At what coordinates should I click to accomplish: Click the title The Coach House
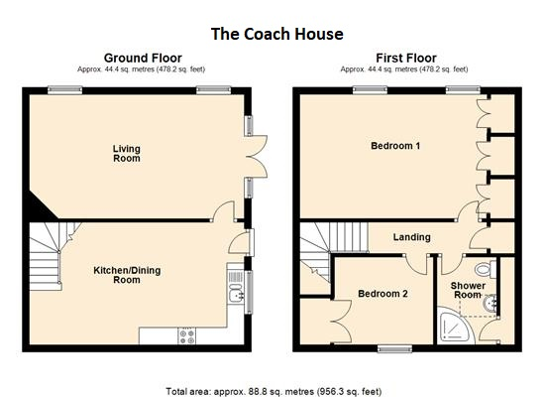[x=277, y=34]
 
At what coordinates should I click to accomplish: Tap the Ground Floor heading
[x=143, y=58]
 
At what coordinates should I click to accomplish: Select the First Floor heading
[x=406, y=58]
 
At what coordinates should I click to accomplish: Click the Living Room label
[x=127, y=153]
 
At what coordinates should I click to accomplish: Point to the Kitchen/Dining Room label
[x=127, y=275]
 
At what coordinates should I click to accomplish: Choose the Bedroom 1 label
[x=395, y=146]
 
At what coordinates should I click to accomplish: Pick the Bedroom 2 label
[x=382, y=294]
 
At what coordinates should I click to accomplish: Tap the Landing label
[x=412, y=237]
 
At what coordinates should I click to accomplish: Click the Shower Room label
[x=468, y=290]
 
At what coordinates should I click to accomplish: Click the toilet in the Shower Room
[x=486, y=269]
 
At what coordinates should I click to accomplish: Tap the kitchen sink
[x=236, y=295]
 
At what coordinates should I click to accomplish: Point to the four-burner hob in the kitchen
[x=186, y=336]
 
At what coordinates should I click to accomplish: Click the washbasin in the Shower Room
[x=490, y=304]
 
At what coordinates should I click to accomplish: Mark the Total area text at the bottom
[x=273, y=391]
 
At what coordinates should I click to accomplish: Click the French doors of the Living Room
[x=258, y=157]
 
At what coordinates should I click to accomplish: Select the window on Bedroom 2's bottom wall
[x=394, y=348]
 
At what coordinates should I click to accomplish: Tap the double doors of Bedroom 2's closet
[x=341, y=321]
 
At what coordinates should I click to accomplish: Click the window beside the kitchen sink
[x=248, y=292]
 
